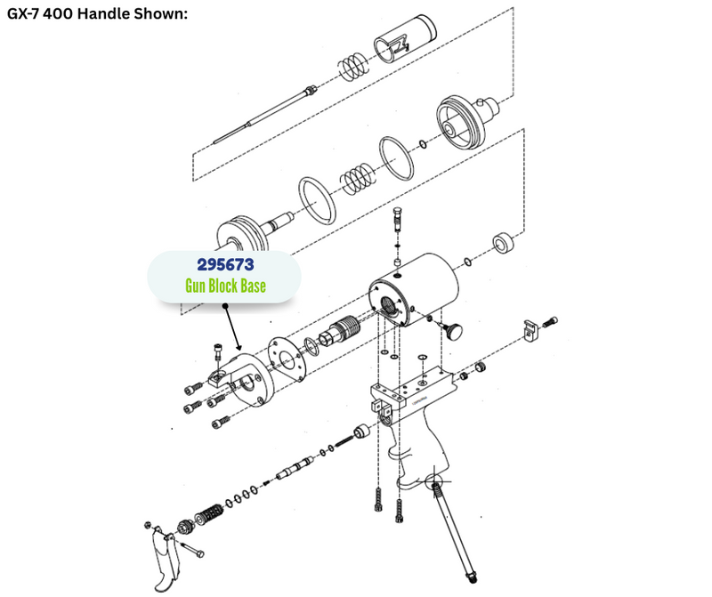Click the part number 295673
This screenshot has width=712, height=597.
(x=225, y=264)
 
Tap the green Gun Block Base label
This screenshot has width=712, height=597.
(x=225, y=286)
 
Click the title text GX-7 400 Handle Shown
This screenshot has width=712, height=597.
(x=97, y=13)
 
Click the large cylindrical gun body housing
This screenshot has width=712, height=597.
(x=413, y=291)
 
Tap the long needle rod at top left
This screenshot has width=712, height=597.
(x=264, y=116)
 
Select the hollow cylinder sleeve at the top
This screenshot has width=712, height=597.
(x=405, y=37)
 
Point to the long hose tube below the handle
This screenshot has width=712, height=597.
(x=454, y=531)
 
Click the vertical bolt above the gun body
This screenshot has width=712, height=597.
(x=398, y=220)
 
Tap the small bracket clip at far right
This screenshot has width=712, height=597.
(x=530, y=330)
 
